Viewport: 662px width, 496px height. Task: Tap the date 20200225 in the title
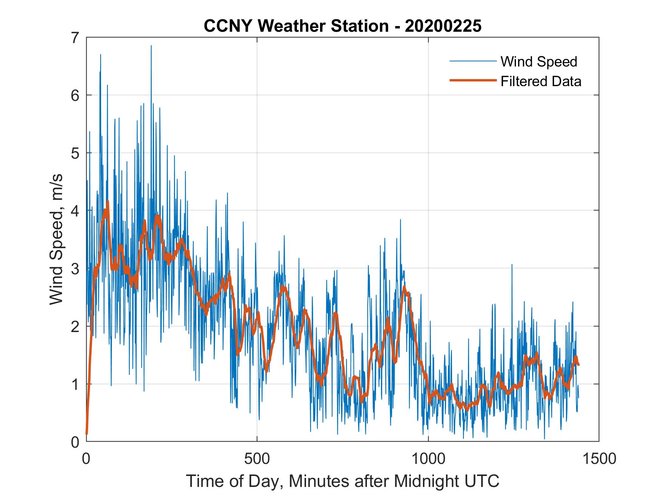pos(443,26)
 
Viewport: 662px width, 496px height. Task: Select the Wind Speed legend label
pos(539,61)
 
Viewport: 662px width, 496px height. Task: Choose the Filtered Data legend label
pos(541,81)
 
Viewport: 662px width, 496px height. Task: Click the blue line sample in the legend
pos(472,61)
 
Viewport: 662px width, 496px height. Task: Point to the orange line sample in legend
pos(472,80)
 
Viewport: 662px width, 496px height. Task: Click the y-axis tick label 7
pos(76,38)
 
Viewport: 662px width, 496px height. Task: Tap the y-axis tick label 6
pos(76,95)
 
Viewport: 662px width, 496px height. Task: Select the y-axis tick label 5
pos(76,153)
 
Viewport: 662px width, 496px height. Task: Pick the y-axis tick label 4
pos(76,211)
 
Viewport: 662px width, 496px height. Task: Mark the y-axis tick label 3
pos(76,269)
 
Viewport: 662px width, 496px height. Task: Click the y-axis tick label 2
pos(76,326)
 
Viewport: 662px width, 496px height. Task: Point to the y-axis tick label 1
pos(76,384)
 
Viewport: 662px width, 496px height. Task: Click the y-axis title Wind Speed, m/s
pos(56,240)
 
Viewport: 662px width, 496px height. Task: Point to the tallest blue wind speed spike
pos(151,46)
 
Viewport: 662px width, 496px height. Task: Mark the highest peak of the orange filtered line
pos(108,202)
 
